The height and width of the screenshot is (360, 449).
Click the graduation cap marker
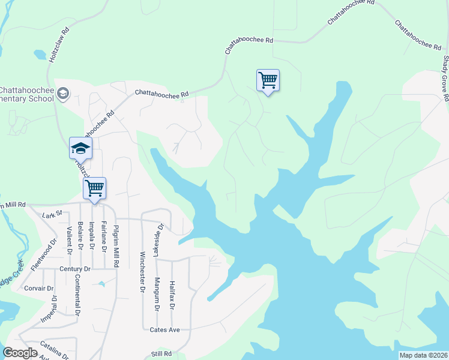pos(80,148)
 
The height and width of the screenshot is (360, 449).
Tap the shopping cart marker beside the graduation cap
pos(94,188)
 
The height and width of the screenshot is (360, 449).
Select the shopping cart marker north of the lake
pos(268,80)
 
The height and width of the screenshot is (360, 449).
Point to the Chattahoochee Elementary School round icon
pos(64,93)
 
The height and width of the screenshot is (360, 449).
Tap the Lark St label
pos(53,214)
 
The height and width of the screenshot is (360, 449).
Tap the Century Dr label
pos(74,269)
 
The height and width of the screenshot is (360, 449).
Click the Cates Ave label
pos(166,329)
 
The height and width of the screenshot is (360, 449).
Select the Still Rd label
pos(162,354)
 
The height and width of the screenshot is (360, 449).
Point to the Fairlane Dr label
pos(104,236)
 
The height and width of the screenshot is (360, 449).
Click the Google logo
pos(20,353)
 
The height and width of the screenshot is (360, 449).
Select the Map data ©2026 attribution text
pos(423,355)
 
